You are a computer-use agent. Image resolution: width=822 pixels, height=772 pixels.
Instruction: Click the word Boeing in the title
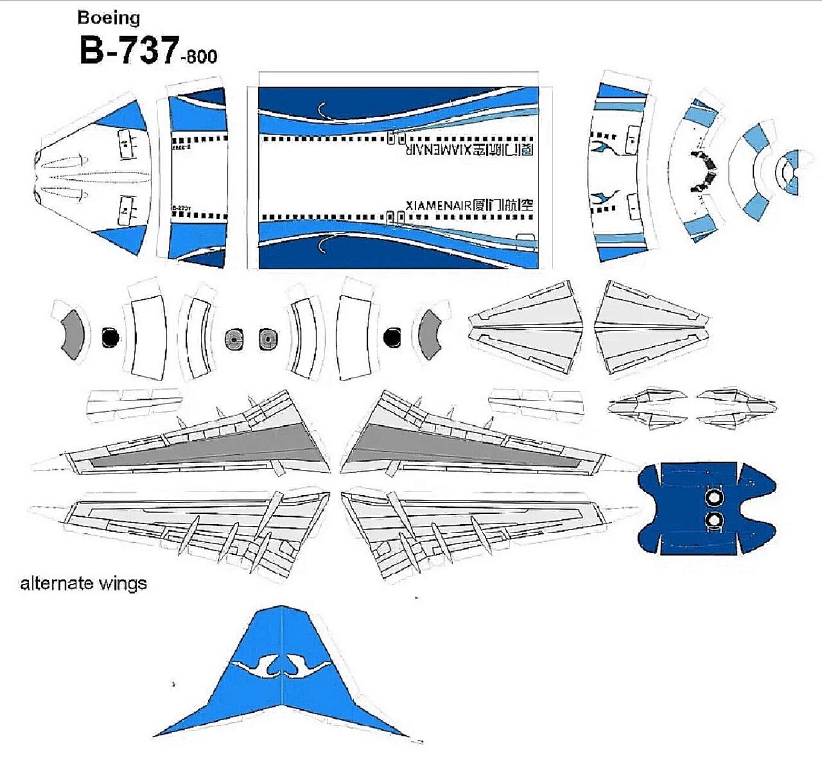tap(109, 18)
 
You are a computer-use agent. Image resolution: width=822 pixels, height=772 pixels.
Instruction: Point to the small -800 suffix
tap(198, 57)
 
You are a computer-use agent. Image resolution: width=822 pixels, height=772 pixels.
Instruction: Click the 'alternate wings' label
tap(83, 583)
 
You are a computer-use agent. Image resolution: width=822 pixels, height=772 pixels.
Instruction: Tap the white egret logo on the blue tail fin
tap(282, 666)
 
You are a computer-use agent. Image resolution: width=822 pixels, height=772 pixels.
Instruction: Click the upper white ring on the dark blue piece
tap(713, 498)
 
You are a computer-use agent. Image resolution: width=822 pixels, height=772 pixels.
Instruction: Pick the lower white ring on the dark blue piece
tap(713, 520)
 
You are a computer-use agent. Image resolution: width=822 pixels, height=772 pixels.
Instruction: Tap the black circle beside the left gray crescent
tap(110, 337)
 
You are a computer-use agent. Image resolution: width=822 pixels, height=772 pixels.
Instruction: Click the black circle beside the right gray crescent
tap(392, 337)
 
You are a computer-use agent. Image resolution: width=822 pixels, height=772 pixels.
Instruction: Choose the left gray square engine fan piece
tap(234, 340)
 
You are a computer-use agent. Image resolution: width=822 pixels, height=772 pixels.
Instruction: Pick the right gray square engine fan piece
tap(268, 339)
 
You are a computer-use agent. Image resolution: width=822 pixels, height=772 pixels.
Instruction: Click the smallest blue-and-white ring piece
tap(789, 172)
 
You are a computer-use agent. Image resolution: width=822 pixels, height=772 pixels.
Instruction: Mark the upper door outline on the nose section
tap(125, 144)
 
